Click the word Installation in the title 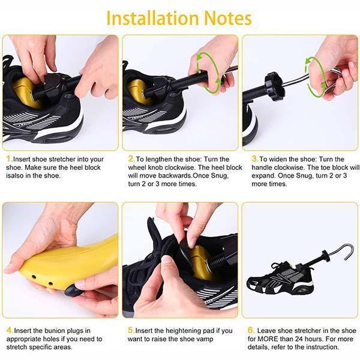click(152, 19)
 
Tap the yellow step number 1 click(9, 158)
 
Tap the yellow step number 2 click(131, 158)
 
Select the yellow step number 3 click(254, 158)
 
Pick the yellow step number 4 click(10, 331)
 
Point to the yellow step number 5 click(131, 331)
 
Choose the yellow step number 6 click(251, 331)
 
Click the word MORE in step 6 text click(269, 339)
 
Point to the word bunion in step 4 click(55, 331)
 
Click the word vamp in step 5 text click(205, 340)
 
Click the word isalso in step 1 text click(16, 176)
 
